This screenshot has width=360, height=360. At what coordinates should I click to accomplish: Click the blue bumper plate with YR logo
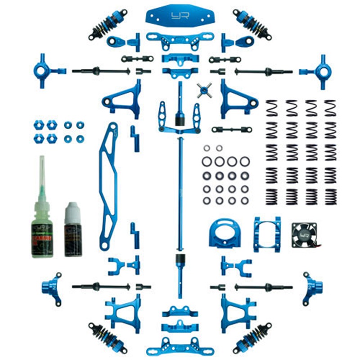pos(180,17)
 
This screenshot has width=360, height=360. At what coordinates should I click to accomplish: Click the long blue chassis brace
pos(108,187)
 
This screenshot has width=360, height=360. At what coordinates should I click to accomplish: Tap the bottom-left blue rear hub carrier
pos(51,285)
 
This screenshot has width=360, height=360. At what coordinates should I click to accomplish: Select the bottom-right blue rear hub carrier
pos(313,285)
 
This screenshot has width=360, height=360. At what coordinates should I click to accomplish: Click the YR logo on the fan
pos(304,234)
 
